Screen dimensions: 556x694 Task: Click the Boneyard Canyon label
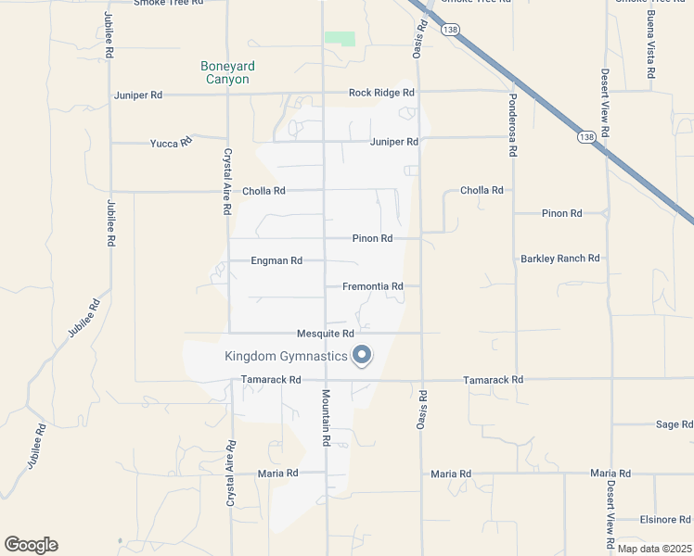point(227,72)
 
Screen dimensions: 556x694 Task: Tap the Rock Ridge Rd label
point(381,93)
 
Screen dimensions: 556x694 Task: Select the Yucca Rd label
point(171,143)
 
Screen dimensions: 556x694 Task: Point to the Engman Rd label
point(276,261)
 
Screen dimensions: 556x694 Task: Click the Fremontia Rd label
point(372,287)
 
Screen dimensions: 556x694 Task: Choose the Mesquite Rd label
point(326,334)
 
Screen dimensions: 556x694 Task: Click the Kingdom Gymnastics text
point(286,356)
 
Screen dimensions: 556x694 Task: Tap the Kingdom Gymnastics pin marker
point(362,355)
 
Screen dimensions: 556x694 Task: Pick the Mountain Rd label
point(327,418)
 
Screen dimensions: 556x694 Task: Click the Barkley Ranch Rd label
point(560,259)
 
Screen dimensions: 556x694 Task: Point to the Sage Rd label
point(668,424)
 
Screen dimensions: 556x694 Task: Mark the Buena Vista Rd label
point(651,46)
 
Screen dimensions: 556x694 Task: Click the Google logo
point(31,545)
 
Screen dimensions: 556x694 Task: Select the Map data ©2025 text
point(654,549)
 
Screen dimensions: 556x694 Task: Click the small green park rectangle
point(340,39)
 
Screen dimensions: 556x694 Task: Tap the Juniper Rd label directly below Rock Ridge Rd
point(394,142)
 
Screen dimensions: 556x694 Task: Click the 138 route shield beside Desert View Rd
point(585,137)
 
